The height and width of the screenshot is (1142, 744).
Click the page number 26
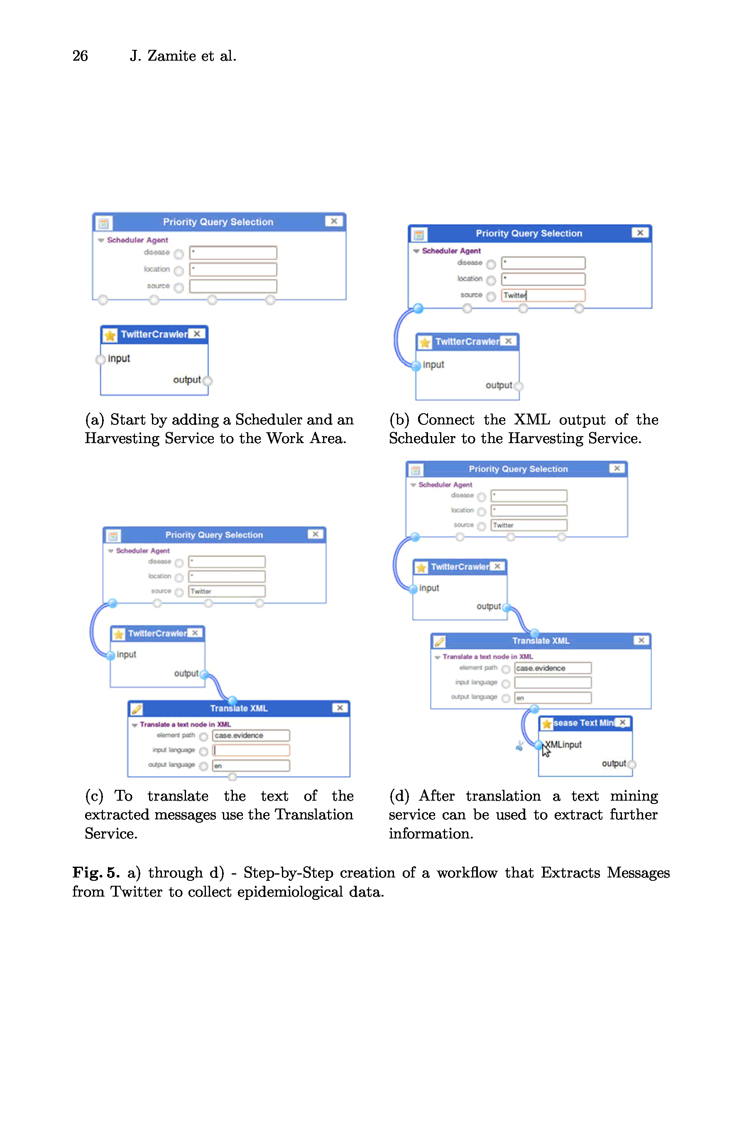80,56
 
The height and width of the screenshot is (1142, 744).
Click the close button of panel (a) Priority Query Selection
333,221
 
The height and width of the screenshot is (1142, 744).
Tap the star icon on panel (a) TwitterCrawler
110,335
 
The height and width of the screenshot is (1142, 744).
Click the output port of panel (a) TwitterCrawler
207,381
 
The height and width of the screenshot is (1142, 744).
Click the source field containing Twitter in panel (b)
543,295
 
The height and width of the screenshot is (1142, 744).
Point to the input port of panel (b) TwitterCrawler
416,365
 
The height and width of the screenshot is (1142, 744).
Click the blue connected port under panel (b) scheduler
418,308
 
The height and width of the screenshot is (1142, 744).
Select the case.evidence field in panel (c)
250,735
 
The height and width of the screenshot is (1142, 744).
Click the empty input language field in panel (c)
250,750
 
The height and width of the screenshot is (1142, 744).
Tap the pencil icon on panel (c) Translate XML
137,709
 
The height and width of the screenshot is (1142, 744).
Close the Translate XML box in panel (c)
340,708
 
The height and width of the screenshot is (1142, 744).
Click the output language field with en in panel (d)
552,698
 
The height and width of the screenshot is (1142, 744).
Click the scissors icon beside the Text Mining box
519,746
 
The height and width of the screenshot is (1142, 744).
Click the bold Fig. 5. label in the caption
95,872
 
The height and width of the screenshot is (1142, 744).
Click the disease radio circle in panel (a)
179,253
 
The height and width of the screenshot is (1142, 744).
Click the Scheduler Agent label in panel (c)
142,550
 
